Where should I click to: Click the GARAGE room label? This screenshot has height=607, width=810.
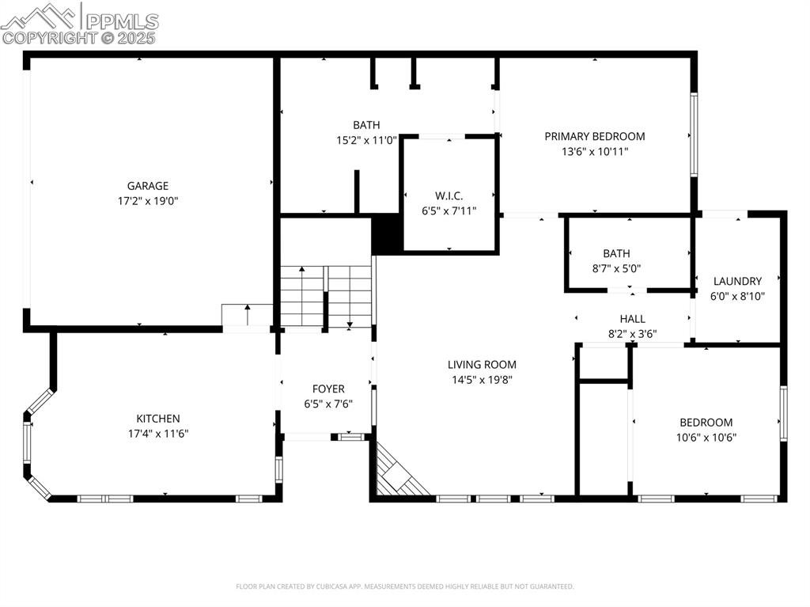148,186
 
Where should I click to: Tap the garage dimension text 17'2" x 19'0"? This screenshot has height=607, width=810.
148,201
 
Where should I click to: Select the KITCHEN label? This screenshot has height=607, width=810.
158,419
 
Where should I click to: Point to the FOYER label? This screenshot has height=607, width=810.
328,389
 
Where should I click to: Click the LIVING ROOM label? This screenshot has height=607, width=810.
482,365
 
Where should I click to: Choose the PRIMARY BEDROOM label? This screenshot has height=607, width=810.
594,136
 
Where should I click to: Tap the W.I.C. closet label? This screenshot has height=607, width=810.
449,195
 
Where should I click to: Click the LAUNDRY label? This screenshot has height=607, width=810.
737,281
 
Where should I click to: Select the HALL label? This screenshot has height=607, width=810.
632,319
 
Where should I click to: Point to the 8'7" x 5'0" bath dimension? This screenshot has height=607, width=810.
616,268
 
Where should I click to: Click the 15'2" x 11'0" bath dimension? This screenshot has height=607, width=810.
366,140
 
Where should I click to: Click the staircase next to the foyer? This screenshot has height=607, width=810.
326,297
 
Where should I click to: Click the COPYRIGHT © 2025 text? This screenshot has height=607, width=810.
79,38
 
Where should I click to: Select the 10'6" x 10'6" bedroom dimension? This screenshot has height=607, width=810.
706,437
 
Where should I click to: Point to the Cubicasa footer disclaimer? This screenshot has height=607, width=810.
405,586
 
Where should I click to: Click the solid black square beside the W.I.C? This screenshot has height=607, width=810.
387,235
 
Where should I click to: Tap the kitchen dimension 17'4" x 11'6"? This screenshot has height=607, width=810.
158,434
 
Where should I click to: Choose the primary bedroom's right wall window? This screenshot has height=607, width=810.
694,135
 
